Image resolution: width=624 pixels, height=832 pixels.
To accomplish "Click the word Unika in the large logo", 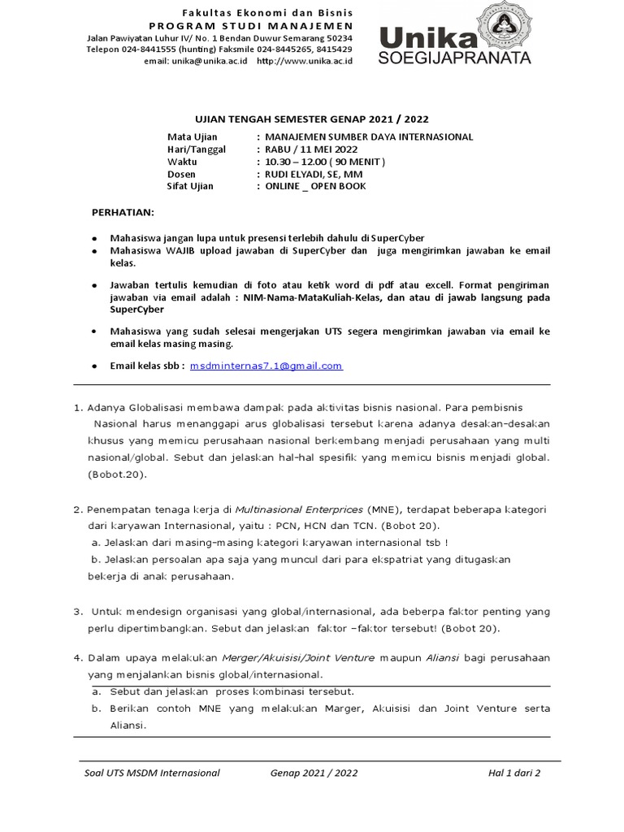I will tap(427, 37).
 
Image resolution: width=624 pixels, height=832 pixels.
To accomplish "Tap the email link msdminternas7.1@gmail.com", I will tap(266, 366).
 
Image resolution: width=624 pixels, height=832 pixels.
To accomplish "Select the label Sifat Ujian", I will tap(190, 186).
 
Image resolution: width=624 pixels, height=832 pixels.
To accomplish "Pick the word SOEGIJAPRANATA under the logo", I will tap(454, 58).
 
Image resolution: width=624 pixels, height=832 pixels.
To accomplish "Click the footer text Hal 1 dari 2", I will tap(514, 773).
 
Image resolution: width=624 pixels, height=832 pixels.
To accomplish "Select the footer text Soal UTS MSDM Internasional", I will tap(152, 773).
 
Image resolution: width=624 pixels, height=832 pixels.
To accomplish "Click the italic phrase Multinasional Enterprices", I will tap(299, 509).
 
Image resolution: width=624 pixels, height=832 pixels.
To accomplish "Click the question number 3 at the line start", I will tap(78, 611).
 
